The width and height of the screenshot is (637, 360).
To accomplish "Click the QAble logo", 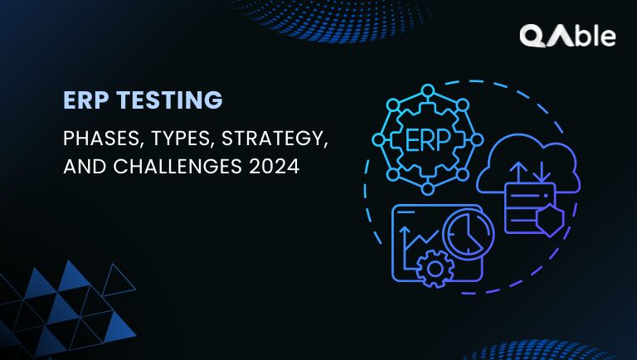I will point(567,36).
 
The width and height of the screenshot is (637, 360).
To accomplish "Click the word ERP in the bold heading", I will point(83,101).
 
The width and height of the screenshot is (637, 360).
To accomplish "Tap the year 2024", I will point(271,166).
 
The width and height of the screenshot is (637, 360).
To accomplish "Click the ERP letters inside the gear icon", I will point(426,139).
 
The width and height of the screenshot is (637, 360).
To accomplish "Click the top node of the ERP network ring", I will point(427,89).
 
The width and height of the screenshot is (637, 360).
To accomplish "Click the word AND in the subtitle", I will point(81,166).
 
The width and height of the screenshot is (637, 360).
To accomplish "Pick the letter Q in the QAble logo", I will point(532,36).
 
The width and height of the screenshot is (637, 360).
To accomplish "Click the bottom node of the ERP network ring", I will point(427,189).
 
